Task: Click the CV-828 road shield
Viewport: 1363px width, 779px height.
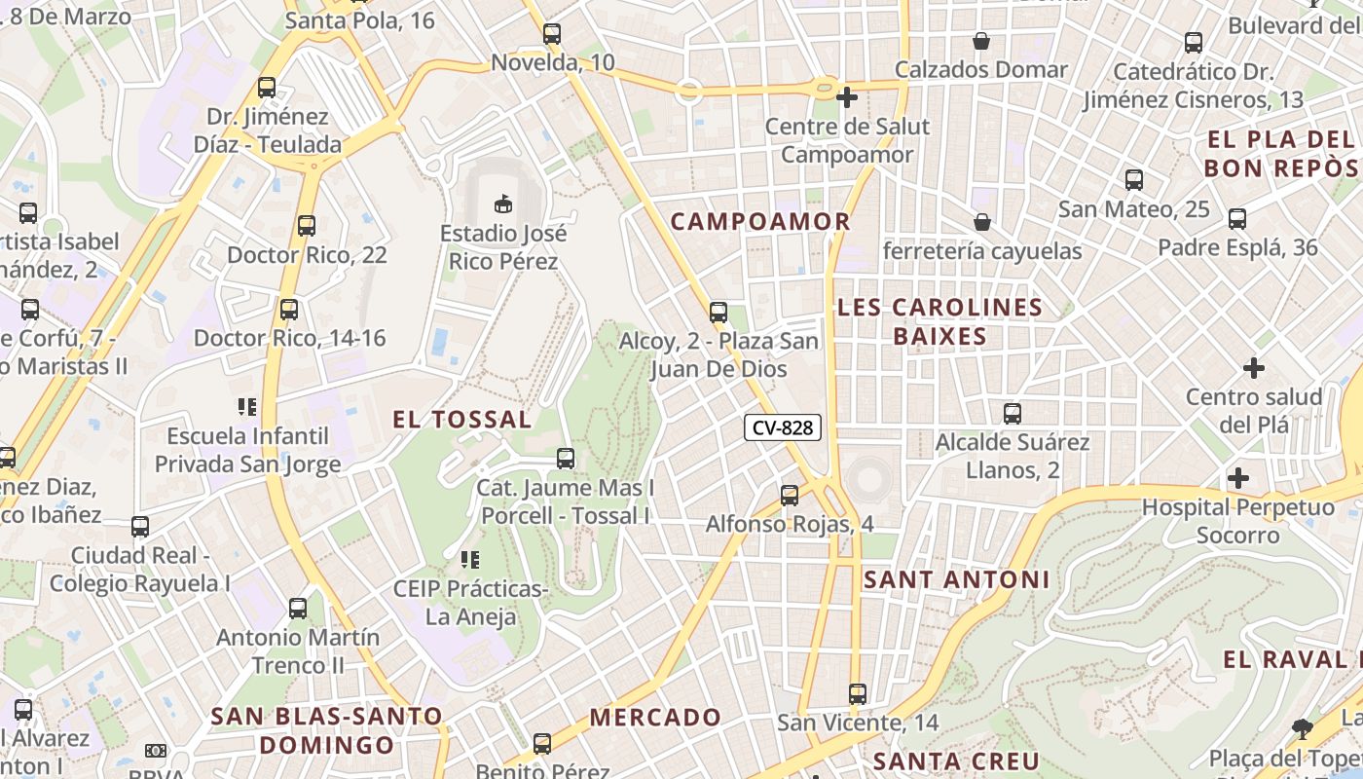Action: (783, 427)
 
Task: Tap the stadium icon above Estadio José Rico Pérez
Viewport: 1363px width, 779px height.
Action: (502, 204)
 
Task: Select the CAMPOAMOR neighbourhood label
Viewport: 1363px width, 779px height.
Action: (760, 221)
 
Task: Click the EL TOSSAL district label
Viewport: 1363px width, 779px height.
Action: (461, 420)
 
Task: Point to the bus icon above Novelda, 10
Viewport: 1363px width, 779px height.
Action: (552, 34)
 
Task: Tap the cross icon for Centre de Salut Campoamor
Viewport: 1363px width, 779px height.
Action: (847, 97)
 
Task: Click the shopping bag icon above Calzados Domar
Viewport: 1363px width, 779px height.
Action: (981, 41)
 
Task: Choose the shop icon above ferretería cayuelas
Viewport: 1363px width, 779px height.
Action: (982, 223)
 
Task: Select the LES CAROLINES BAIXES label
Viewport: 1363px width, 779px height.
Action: (939, 321)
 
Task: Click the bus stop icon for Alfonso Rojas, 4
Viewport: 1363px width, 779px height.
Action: (790, 496)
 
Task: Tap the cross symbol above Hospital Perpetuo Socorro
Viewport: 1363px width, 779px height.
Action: (1238, 478)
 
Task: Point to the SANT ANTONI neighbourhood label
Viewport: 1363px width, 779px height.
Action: (956, 580)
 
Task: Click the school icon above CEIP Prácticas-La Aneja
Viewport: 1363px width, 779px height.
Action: (470, 560)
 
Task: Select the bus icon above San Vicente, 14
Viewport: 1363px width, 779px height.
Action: (857, 694)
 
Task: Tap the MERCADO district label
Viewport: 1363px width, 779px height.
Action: (655, 718)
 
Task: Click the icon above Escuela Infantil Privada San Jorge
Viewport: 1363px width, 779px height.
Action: (247, 406)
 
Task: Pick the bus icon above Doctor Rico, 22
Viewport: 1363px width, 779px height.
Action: (307, 226)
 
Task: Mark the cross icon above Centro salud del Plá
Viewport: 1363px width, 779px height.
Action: (1254, 368)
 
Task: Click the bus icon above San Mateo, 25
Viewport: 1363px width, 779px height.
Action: (1134, 180)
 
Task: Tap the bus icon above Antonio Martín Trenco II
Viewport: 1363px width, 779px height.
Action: (298, 609)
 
